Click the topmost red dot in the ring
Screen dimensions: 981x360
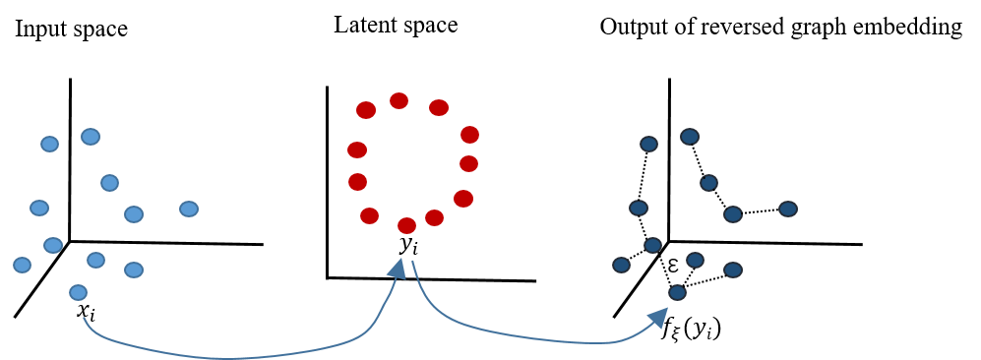coord(399,100)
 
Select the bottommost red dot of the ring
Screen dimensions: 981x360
coord(406,225)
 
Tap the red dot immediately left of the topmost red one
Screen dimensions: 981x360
coord(366,110)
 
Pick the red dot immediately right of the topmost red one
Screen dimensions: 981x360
coord(439,107)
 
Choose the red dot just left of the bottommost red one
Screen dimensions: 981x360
coord(369,215)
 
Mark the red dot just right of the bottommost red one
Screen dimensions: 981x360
coord(434,217)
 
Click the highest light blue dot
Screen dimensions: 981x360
coord(91,137)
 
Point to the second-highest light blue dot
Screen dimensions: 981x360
coord(49,144)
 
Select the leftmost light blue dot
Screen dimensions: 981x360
coord(22,265)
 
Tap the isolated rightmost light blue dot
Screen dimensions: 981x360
coord(189,209)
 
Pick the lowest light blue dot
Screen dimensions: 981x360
coord(78,292)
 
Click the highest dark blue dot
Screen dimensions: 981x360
coord(690,137)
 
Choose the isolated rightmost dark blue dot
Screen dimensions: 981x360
coord(788,209)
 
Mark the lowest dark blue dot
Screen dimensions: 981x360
coord(677,292)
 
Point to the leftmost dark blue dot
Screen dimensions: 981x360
coord(621,265)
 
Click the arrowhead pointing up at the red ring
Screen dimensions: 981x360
coord(398,269)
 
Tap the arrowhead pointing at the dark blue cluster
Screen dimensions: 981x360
coord(659,317)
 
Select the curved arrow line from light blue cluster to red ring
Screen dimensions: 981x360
coord(226,357)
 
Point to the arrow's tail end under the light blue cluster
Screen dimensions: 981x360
coord(85,319)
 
